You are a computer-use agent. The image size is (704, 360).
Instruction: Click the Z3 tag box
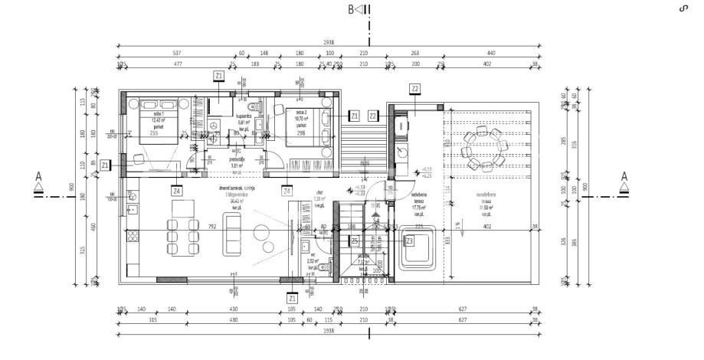(410, 241)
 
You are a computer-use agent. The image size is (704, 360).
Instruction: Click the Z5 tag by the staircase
(355, 241)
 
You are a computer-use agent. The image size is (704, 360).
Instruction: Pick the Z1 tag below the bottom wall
(291, 297)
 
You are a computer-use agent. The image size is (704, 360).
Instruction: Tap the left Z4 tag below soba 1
(177, 190)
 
